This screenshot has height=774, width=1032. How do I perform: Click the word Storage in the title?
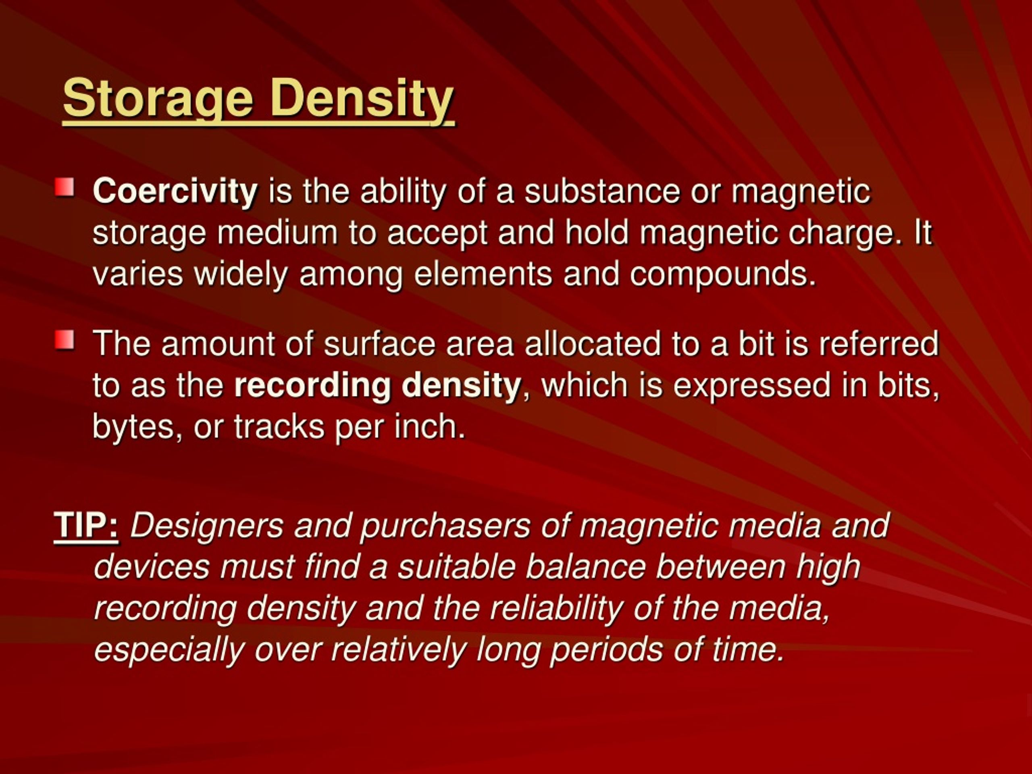click(x=158, y=98)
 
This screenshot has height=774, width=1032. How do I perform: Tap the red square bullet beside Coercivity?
click(x=64, y=188)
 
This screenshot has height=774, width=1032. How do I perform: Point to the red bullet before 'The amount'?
click(x=64, y=340)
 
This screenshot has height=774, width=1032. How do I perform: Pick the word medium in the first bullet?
click(x=277, y=232)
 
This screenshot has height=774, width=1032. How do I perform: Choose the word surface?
click(x=379, y=343)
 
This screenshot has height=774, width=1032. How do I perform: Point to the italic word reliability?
click(x=557, y=608)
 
